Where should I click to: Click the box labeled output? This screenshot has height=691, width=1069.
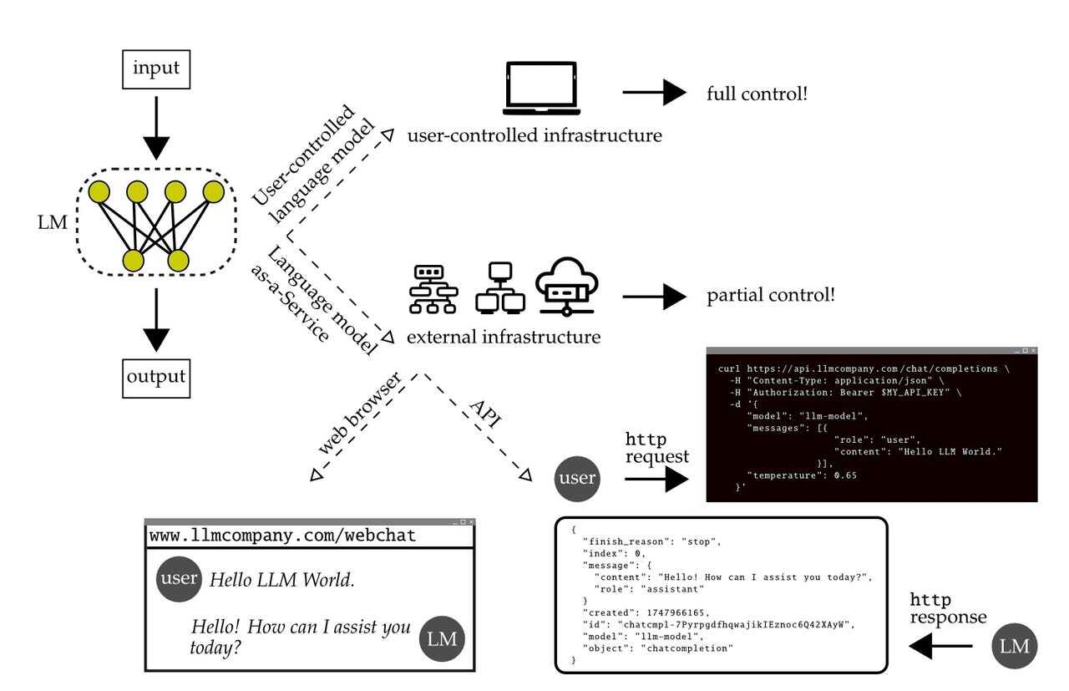click(156, 377)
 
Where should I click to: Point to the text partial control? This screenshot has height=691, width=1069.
click(771, 296)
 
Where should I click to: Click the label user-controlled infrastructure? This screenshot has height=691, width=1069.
click(534, 135)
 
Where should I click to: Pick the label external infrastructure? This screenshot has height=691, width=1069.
click(504, 338)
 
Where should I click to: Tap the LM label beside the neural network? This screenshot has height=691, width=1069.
click(52, 224)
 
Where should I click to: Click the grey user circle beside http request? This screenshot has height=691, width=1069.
click(577, 479)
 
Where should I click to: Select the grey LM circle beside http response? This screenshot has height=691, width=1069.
click(1016, 646)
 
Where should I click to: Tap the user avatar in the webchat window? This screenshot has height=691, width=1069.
click(178, 579)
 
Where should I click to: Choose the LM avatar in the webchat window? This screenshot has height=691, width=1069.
click(440, 639)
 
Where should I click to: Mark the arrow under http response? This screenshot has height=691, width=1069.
click(940, 646)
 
